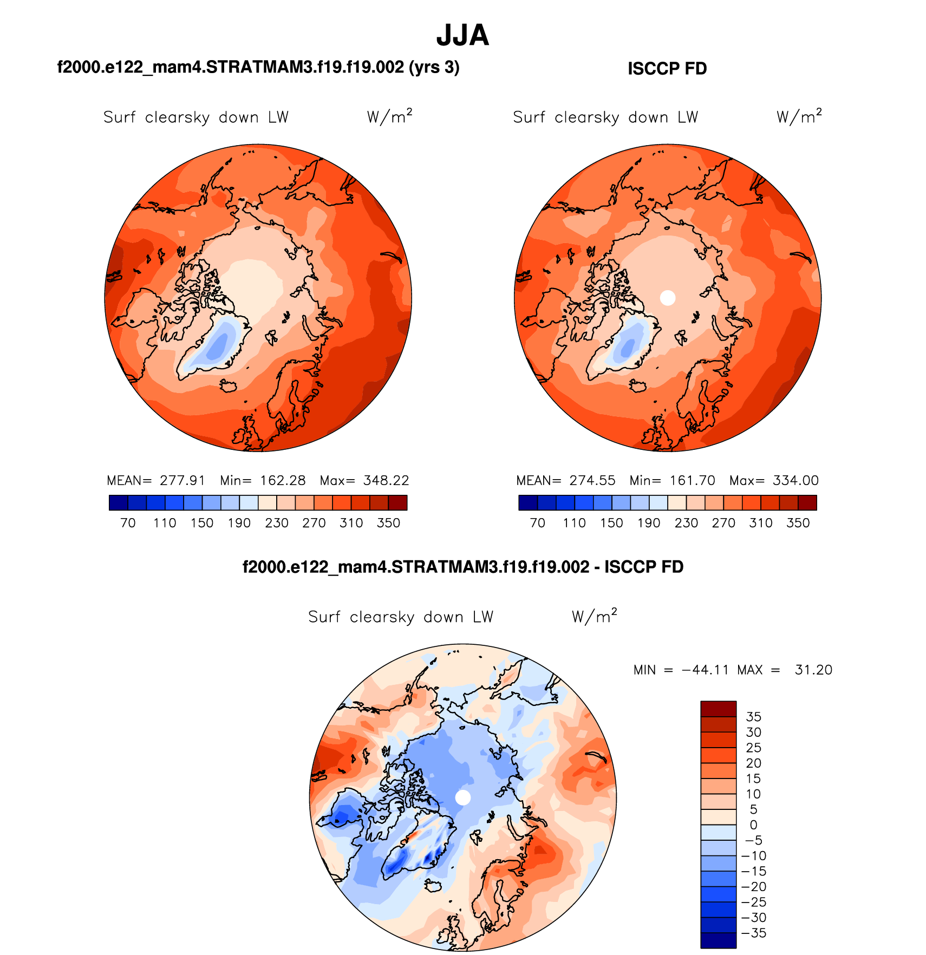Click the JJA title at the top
(462, 36)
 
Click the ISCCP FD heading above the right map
(667, 69)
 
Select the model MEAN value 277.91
(182, 480)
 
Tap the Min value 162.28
(283, 480)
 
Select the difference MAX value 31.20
(813, 670)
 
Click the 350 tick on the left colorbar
(388, 523)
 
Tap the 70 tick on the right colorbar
(537, 523)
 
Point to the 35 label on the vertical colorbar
(753, 717)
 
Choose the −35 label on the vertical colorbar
(753, 933)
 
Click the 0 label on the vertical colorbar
(753, 825)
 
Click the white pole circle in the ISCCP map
(668, 297)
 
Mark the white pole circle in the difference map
(463, 797)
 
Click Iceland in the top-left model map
(229, 385)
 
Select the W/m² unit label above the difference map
(594, 616)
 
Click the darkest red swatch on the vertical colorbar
(719, 709)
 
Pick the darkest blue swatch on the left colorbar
(118, 502)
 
